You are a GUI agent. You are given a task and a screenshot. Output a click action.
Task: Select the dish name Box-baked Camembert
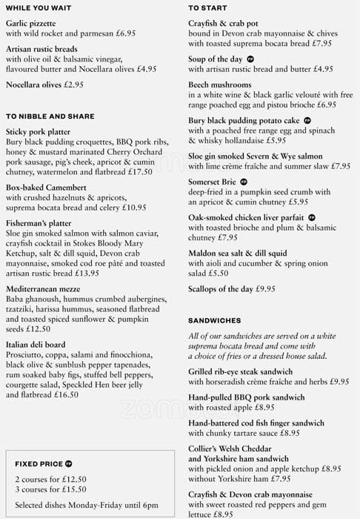[46, 188]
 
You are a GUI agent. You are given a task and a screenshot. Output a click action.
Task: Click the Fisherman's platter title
[41, 223]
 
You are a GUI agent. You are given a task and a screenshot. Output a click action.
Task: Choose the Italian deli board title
[36, 345]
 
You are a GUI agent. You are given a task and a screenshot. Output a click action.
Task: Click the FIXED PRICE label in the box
[39, 464]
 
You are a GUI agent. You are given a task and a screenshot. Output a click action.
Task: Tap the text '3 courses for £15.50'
[50, 491]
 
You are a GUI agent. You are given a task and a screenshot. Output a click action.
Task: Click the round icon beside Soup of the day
[250, 59]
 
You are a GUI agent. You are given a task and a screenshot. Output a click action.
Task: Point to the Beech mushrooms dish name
[220, 85]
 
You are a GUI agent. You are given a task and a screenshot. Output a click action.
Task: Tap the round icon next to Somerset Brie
[243, 182]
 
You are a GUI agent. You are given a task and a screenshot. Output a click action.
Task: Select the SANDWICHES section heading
[214, 320]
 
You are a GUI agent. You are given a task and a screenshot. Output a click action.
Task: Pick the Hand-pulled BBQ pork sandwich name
[247, 397]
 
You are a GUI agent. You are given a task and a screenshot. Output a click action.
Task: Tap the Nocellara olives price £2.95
[73, 85]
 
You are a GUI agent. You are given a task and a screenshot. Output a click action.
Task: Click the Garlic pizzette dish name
[30, 23]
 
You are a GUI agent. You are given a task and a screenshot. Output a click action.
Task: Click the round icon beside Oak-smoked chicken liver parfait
[312, 218]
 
